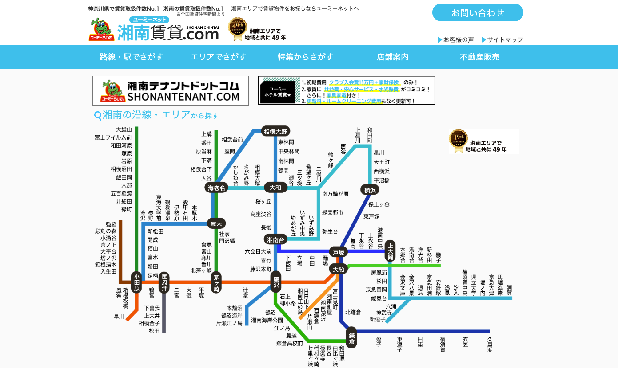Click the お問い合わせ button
click(x=478, y=13)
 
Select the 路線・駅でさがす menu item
click(x=132, y=57)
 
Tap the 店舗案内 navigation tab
click(x=392, y=57)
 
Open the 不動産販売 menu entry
click(x=479, y=57)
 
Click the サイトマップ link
click(x=505, y=39)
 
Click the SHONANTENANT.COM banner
click(x=171, y=90)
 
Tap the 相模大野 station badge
click(x=276, y=131)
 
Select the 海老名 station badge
click(x=217, y=188)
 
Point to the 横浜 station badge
click(x=370, y=190)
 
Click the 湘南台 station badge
click(x=276, y=239)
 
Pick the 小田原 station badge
click(x=137, y=282)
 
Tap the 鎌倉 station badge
click(x=351, y=338)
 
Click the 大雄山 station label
click(x=124, y=129)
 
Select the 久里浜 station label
click(x=490, y=345)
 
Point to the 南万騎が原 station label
click(x=335, y=194)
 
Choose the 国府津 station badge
click(x=164, y=282)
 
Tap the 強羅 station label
click(x=111, y=224)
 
